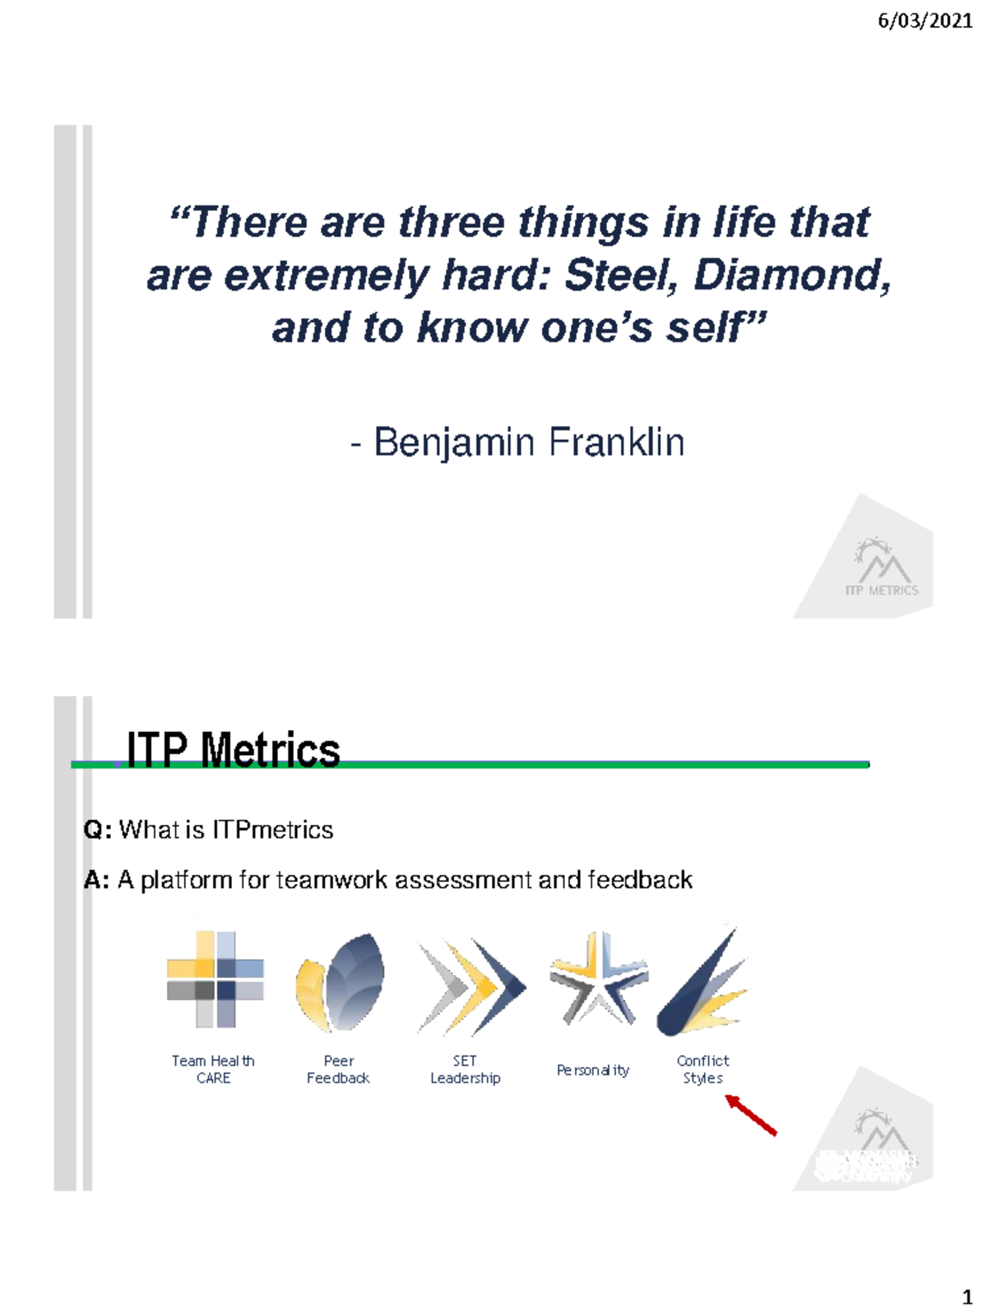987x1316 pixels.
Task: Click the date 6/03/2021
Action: point(924,21)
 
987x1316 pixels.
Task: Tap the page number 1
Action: point(967,1297)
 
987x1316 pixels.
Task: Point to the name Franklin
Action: point(616,442)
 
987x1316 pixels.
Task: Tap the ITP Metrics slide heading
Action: point(233,749)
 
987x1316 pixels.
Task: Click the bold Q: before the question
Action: point(97,830)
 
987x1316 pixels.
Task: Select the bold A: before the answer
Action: point(96,880)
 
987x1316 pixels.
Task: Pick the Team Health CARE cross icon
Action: point(215,979)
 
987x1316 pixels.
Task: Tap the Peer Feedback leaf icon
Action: point(340,981)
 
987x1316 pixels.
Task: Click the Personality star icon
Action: point(599,979)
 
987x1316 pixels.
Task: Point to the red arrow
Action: point(751,1115)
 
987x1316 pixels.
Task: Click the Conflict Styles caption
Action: point(702,1069)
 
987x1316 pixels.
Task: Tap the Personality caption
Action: point(593,1070)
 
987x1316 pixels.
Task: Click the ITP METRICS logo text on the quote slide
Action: point(882,590)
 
